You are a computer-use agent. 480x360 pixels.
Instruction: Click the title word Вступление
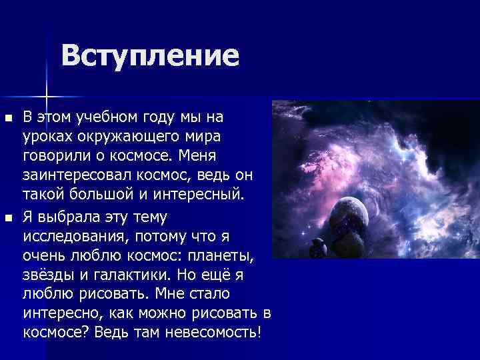pos(150,55)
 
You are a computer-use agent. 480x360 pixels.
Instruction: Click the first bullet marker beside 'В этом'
pos(8,118)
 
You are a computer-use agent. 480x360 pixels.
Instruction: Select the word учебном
pos(97,117)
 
